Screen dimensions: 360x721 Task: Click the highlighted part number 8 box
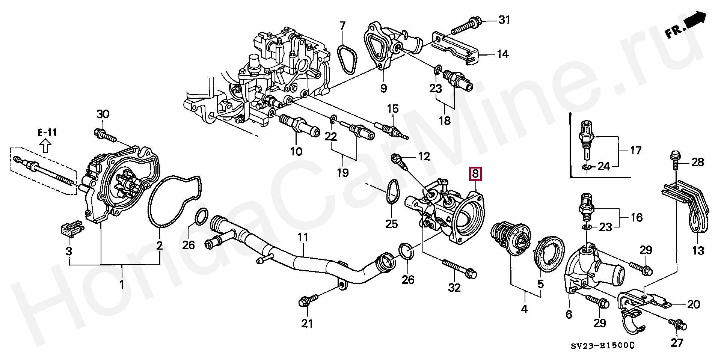[475, 173]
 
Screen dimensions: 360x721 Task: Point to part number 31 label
[504, 20]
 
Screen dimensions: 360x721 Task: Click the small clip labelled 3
[69, 229]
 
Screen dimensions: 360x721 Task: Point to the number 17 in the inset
[635, 151]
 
